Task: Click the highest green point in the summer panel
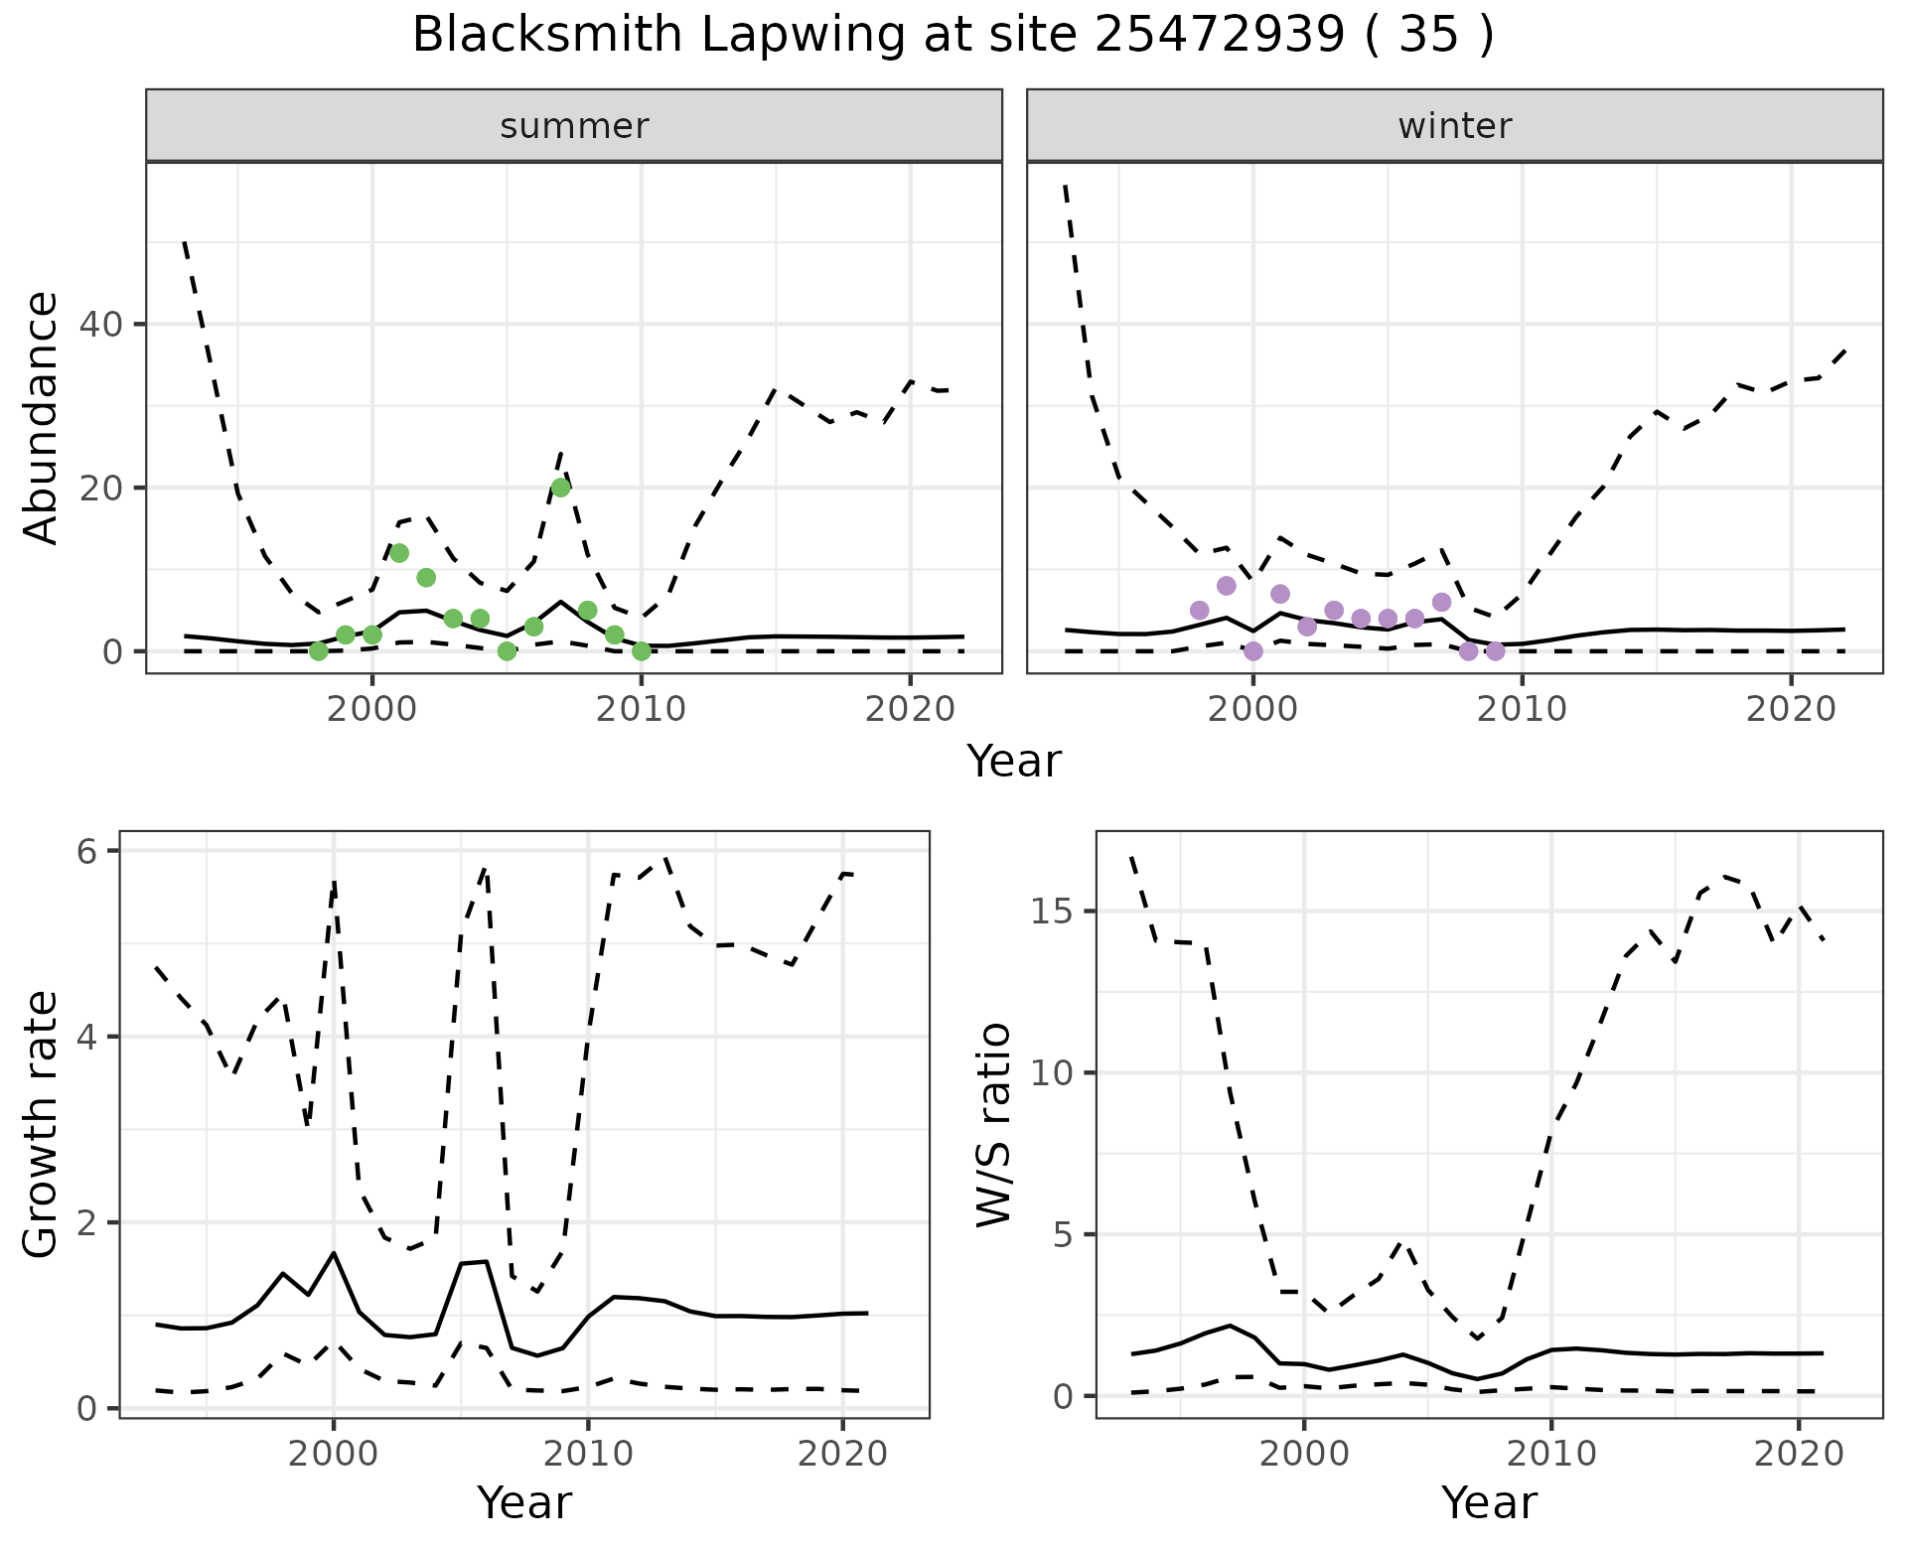tap(560, 488)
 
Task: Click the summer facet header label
tap(574, 126)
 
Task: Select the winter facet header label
tap(1454, 126)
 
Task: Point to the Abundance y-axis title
tap(42, 418)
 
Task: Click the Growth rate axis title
tap(42, 1124)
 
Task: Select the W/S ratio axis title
tap(993, 1124)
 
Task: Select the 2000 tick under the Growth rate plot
tap(334, 1455)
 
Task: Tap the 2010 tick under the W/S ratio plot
tap(1550, 1455)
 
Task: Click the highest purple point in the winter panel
tap(1226, 586)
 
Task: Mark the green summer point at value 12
tap(399, 553)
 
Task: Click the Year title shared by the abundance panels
tap(1014, 762)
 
